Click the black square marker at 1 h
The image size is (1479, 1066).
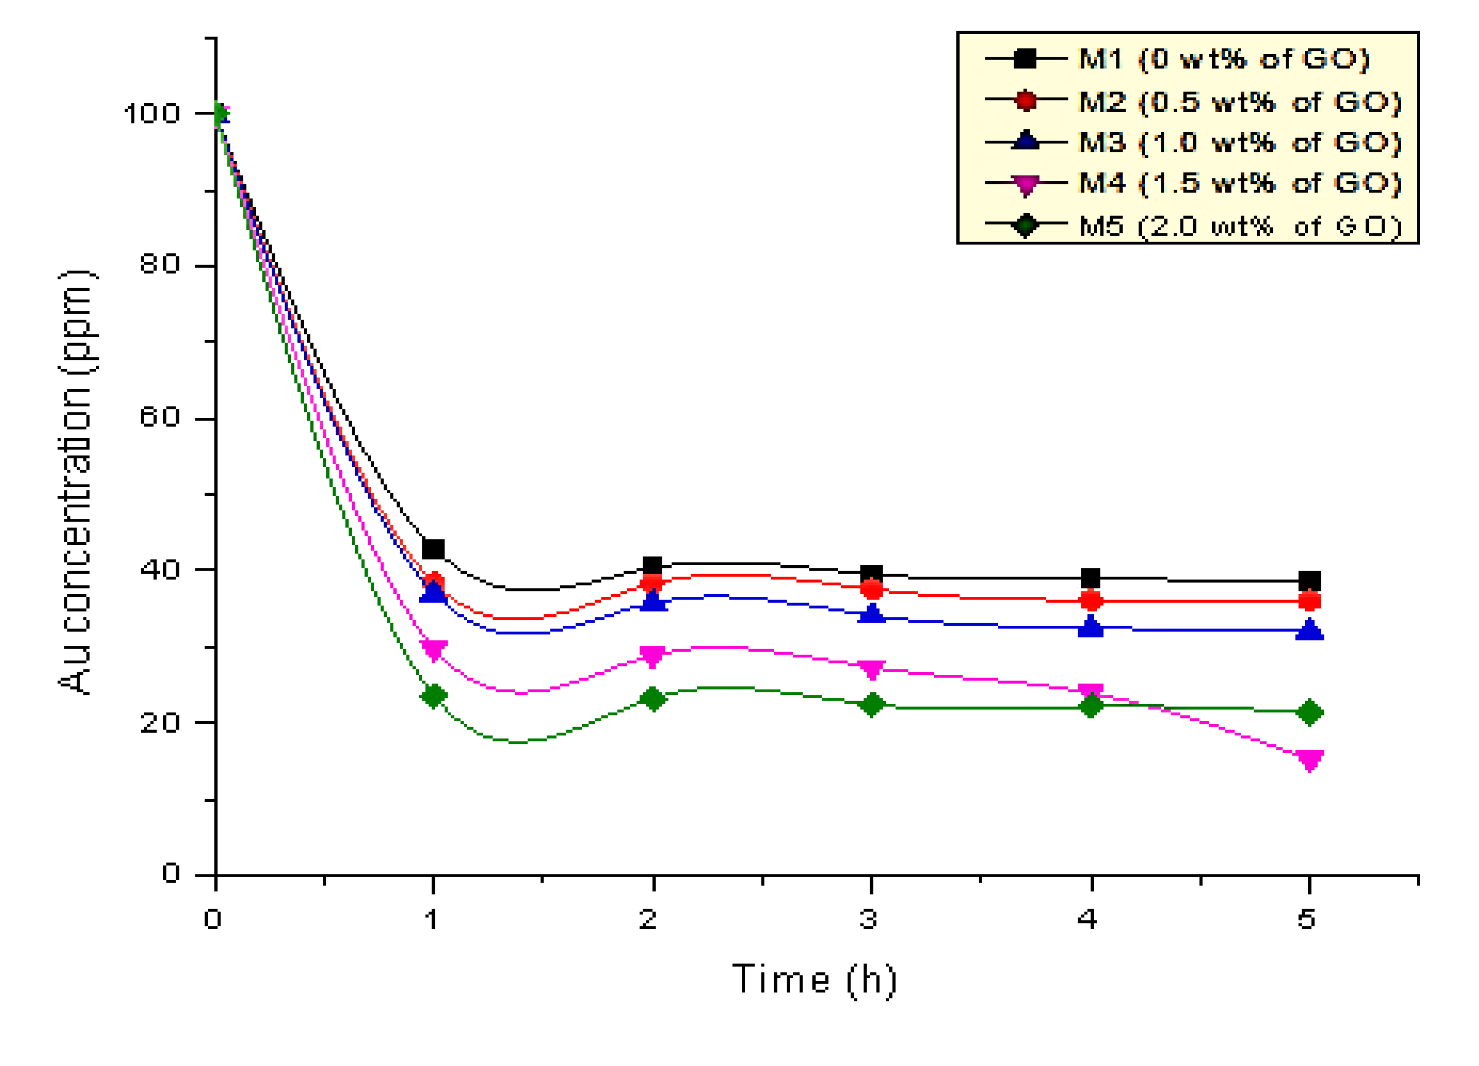pyautogui.click(x=434, y=549)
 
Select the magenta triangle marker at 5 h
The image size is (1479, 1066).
pyautogui.click(x=1309, y=759)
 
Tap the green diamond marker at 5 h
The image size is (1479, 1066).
pyautogui.click(x=1309, y=712)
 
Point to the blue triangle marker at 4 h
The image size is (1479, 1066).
pyautogui.click(x=1091, y=627)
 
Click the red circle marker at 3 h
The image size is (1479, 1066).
pyautogui.click(x=872, y=589)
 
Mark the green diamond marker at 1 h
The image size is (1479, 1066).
pyautogui.click(x=434, y=696)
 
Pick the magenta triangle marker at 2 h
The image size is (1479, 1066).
pyautogui.click(x=652, y=656)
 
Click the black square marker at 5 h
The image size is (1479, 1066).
pyautogui.click(x=1309, y=581)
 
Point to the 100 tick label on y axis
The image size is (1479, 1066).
pyautogui.click(x=151, y=113)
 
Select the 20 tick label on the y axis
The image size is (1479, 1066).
pyautogui.click(x=159, y=722)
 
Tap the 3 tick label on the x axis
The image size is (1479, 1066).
pyautogui.click(x=868, y=919)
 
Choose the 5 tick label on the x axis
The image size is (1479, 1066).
pyautogui.click(x=1306, y=919)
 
